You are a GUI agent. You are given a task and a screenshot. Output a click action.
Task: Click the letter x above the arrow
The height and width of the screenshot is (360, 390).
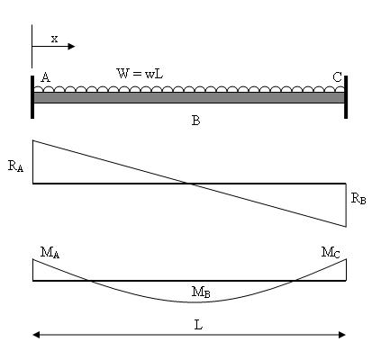(x=54, y=39)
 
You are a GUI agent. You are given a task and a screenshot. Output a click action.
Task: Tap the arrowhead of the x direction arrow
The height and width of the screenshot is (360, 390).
(x=71, y=47)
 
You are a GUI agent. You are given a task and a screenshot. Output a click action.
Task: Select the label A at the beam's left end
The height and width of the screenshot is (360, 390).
(x=45, y=77)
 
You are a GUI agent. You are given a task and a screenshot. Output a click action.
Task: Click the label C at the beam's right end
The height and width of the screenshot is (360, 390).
(x=337, y=77)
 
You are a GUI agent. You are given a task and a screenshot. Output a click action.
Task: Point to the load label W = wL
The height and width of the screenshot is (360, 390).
(x=140, y=74)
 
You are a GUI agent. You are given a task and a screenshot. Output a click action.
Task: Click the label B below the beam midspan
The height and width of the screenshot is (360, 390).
(x=195, y=121)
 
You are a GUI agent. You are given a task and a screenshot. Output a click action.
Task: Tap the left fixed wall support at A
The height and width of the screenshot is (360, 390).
(x=32, y=97)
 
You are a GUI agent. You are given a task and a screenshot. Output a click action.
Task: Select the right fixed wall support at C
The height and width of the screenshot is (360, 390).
(x=346, y=97)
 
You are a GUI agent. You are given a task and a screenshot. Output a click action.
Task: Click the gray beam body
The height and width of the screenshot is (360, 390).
(x=189, y=97)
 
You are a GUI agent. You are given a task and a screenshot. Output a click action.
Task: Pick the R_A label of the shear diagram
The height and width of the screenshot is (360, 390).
(x=15, y=166)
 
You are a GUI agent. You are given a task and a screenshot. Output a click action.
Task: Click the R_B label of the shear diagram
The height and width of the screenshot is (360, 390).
(x=358, y=198)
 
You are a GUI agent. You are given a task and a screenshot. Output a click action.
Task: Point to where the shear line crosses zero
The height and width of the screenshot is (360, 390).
(x=189, y=184)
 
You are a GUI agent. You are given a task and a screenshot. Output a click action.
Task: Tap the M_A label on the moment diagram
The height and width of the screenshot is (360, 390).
(x=50, y=253)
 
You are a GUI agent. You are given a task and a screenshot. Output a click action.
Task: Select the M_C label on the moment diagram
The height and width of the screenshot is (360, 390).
(x=331, y=252)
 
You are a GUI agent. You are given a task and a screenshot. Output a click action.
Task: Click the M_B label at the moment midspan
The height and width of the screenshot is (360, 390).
(x=201, y=292)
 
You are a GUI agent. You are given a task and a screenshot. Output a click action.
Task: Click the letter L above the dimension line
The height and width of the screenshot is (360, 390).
(x=198, y=325)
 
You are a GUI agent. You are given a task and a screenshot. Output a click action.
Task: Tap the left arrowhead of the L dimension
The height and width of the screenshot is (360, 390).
(x=36, y=335)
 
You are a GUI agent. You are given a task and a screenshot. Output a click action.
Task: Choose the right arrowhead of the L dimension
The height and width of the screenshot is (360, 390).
(x=342, y=335)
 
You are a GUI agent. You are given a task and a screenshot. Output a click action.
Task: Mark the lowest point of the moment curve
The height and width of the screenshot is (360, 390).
(x=190, y=302)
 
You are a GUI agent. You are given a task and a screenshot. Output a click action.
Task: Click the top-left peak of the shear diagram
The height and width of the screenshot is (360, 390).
(x=33, y=140)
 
